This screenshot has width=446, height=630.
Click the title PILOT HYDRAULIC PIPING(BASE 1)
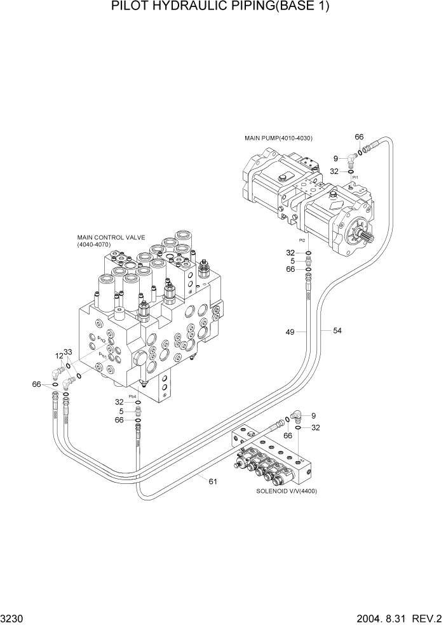pyautogui.click(x=222, y=7)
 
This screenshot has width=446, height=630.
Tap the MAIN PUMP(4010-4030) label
pyautogui.click(x=278, y=138)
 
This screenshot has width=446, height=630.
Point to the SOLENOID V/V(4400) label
pyautogui.click(x=287, y=491)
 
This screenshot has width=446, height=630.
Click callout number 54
pyautogui.click(x=337, y=330)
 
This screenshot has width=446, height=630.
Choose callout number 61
pyautogui.click(x=213, y=481)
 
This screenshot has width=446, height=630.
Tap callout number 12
pyautogui.click(x=59, y=356)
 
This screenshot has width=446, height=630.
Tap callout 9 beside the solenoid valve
pyautogui.click(x=313, y=416)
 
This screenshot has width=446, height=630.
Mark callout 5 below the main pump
pyautogui.click(x=292, y=260)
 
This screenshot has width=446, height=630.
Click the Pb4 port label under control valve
pyautogui.click(x=133, y=396)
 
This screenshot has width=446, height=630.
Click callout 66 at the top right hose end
pyautogui.click(x=359, y=137)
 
